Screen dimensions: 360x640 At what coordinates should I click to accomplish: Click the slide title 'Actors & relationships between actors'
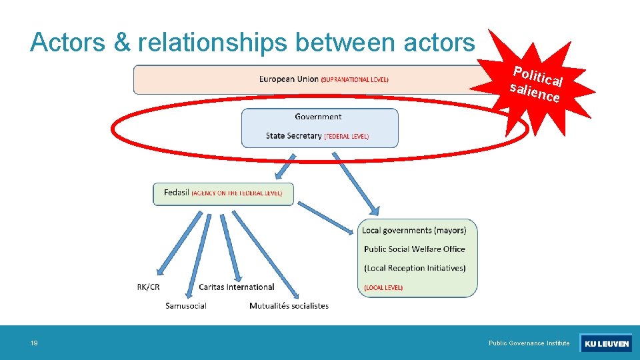tap(253, 43)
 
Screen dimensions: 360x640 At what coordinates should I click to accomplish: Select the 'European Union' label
tap(289, 79)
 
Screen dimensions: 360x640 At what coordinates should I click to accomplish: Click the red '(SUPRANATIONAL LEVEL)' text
tap(355, 80)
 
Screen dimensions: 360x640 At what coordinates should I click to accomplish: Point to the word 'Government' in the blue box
tap(318, 117)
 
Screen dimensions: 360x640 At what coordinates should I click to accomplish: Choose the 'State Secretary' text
tap(293, 136)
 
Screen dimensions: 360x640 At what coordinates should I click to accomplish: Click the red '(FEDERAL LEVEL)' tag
tap(346, 137)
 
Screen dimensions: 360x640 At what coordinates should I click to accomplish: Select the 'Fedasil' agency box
tap(223, 193)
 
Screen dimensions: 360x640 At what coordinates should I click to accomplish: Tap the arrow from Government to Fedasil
tap(285, 165)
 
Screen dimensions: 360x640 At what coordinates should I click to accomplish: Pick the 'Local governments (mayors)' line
tap(414, 231)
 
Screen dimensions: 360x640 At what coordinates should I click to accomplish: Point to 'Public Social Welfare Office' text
tap(414, 249)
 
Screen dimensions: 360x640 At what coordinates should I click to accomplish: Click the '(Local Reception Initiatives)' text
tap(415, 268)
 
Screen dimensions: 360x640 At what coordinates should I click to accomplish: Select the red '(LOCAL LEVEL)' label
tap(383, 287)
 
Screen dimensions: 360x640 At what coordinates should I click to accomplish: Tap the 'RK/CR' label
tap(148, 287)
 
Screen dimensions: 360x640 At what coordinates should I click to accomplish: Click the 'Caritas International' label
tap(236, 287)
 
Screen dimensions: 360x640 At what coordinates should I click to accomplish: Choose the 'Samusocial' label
tap(186, 306)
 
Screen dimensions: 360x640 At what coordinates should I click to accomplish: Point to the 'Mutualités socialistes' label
tap(289, 306)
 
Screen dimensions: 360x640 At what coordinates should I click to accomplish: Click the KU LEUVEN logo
tap(606, 343)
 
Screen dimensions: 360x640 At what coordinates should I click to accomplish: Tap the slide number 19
tap(34, 343)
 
